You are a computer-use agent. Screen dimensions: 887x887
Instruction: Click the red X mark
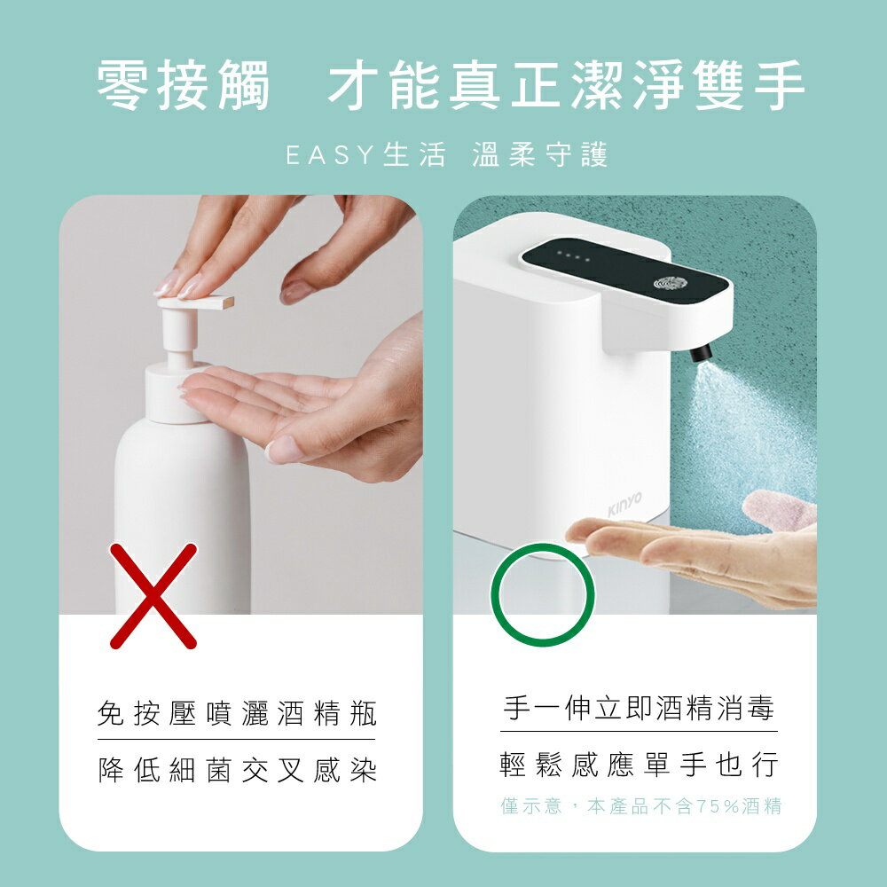tap(153, 595)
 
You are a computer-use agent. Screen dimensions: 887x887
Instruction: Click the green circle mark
tap(542, 594)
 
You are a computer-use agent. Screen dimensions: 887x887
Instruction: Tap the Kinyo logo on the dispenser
tap(624, 503)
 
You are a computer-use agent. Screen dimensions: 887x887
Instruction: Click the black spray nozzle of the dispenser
tap(702, 352)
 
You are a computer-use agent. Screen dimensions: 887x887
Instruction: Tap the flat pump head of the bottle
tap(195, 302)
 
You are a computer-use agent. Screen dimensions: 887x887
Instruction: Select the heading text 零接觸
tap(183, 86)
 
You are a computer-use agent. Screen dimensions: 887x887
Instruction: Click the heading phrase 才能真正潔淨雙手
tap(567, 86)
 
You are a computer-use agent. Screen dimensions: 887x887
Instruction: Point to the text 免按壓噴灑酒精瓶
tap(237, 713)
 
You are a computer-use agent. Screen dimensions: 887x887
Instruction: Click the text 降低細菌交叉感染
tap(237, 769)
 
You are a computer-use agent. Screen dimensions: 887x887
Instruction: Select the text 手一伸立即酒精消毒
tap(639, 708)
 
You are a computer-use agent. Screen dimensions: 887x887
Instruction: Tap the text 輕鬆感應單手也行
tap(639, 764)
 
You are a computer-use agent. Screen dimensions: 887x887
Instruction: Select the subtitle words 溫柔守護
tap(540, 157)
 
